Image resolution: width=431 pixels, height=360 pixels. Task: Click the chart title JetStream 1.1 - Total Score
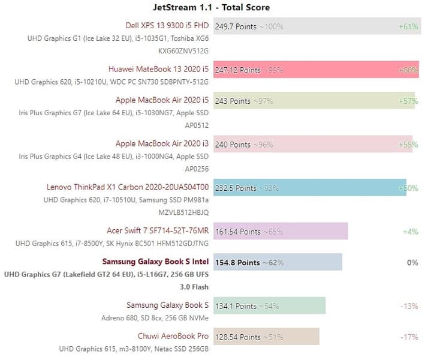coord(212,8)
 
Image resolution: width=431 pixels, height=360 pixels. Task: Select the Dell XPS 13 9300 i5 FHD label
coord(167,26)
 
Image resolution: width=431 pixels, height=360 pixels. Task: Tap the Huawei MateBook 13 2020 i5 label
coord(159,70)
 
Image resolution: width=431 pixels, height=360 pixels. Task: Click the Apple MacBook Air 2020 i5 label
coord(162,101)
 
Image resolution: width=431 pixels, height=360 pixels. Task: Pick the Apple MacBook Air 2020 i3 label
coord(162,144)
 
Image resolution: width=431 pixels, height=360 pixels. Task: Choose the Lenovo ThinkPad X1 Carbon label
coord(128,187)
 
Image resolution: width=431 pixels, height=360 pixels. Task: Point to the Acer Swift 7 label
coord(157,231)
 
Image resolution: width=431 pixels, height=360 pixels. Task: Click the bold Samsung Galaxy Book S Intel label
coord(155,262)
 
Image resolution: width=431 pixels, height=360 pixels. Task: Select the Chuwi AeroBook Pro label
coord(173,336)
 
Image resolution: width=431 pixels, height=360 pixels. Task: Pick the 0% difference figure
coord(412,262)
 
